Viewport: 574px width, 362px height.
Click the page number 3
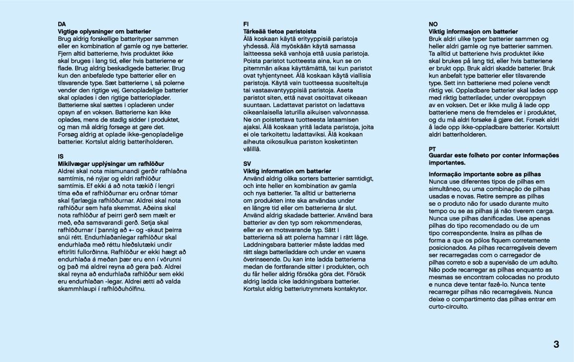pyautogui.click(x=556, y=345)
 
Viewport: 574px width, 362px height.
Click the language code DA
pyautogui.click(x=62, y=24)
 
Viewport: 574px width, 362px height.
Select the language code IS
pyautogui.click(x=61, y=156)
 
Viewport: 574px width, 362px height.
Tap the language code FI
pyautogui.click(x=246, y=24)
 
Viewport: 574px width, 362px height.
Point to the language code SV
pyautogui.click(x=247, y=163)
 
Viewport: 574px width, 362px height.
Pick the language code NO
pyautogui.click(x=433, y=24)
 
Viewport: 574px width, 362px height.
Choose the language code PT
pyautogui.click(x=432, y=149)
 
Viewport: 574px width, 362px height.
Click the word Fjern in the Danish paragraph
pyautogui.click(x=65, y=53)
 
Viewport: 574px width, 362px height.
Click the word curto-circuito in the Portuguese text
pyautogui.click(x=448, y=307)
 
